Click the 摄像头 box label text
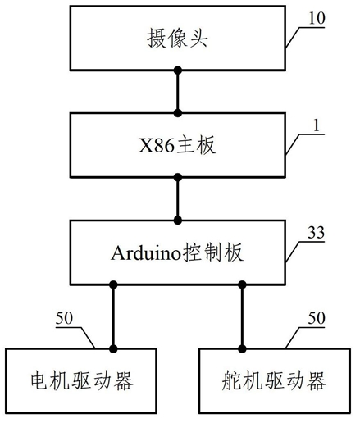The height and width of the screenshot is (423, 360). click(x=177, y=39)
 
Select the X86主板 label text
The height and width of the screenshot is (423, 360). click(x=177, y=145)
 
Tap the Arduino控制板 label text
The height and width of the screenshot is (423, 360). click(x=177, y=252)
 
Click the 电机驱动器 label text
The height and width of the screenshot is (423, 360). click(x=81, y=380)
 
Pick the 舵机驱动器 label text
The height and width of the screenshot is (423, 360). click(x=274, y=380)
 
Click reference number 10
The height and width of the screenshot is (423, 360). click(x=317, y=19)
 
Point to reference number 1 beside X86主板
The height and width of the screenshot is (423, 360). click(x=317, y=125)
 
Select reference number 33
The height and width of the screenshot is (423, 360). click(x=317, y=233)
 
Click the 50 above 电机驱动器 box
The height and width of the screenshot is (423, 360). click(x=64, y=318)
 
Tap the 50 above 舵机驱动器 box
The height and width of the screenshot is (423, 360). click(x=317, y=318)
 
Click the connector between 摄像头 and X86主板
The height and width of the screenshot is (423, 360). click(x=178, y=92)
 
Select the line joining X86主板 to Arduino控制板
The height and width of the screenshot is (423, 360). click(x=178, y=199)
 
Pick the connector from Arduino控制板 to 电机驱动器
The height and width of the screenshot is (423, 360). click(x=113, y=316)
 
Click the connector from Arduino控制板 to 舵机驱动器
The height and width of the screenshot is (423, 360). click(x=242, y=316)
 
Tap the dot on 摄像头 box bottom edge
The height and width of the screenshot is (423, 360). click(x=178, y=70)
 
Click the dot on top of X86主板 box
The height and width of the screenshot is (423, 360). click(x=178, y=113)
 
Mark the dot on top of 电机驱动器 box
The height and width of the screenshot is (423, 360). click(x=113, y=349)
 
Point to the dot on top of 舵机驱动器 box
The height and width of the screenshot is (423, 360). click(x=242, y=349)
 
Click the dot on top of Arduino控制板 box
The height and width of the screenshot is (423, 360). click(x=178, y=221)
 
